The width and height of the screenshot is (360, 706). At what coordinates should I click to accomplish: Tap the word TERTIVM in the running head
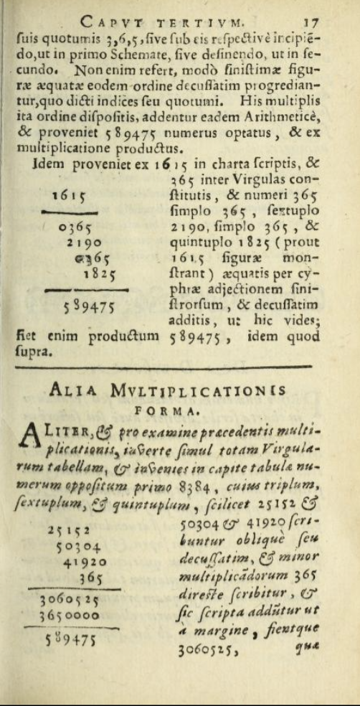tap(221, 22)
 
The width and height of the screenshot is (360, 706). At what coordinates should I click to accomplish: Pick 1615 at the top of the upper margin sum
tap(70, 195)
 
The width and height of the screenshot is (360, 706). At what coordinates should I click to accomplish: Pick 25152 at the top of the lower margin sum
tap(69, 510)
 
